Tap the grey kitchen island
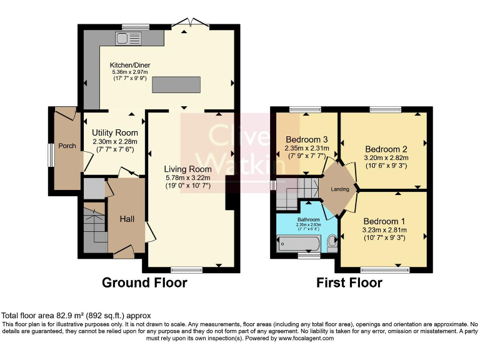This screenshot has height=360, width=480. pyautogui.click(x=177, y=84)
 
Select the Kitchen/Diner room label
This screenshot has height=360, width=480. pyautogui.click(x=130, y=65)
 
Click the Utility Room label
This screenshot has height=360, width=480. pyautogui.click(x=115, y=132)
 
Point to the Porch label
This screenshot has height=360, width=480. pyautogui.click(x=67, y=146)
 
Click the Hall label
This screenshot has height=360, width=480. pyautogui.click(x=127, y=218)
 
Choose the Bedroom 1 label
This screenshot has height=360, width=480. pyautogui.click(x=385, y=221)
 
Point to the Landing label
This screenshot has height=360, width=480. pyautogui.click(x=340, y=189)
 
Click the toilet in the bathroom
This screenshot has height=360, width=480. pyautogui.click(x=332, y=241)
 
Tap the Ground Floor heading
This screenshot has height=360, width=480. pyautogui.click(x=144, y=282)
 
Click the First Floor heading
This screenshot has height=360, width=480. pyautogui.click(x=349, y=282)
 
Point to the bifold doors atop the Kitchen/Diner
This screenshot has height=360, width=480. pyautogui.click(x=190, y=24)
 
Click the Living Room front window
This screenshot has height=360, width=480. pyautogui.click(x=186, y=270)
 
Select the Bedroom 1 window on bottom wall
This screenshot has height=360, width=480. pyautogui.click(x=381, y=270)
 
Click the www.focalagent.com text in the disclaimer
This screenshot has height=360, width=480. pyautogui.click(x=306, y=338)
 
